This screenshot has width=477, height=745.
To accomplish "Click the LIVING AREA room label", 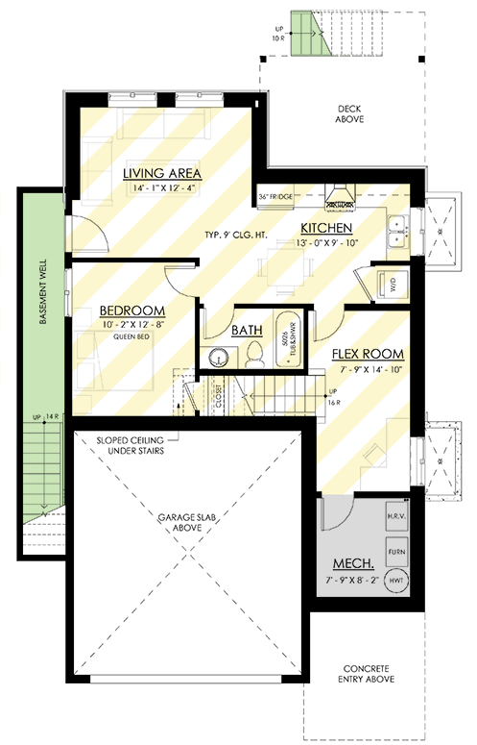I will click(x=161, y=173).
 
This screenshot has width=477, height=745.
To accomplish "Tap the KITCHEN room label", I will click(x=326, y=228).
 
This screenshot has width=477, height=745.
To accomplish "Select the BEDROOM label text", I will click(x=131, y=311).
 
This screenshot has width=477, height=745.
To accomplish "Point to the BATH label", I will click(x=247, y=330).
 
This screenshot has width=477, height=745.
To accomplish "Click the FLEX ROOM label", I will click(x=368, y=353).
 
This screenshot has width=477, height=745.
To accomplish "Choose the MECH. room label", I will click(x=352, y=562).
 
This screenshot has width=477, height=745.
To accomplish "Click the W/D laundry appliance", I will click(x=392, y=285).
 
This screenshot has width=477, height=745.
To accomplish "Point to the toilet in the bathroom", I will click(x=251, y=356).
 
